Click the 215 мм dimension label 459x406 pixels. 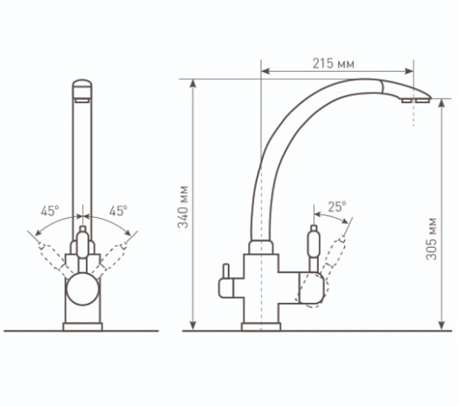334,63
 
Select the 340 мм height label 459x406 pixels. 184,207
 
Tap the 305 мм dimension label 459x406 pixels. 431,239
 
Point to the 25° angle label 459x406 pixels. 337,206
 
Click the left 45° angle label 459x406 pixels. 50,210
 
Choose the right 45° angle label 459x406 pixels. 118,210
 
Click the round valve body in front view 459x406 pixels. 83,289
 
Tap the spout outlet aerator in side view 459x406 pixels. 415,101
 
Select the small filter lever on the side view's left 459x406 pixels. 226,281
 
